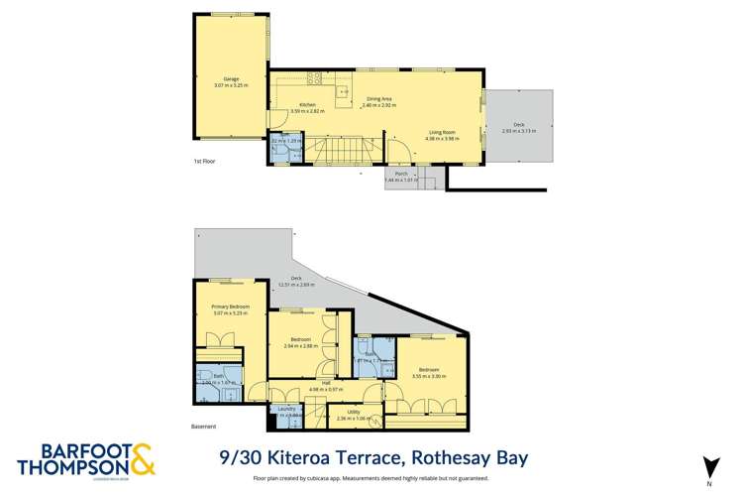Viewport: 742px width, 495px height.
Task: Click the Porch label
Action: [400, 174]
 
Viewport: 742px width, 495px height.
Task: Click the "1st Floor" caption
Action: [205, 162]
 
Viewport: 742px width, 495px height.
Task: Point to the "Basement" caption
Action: [204, 428]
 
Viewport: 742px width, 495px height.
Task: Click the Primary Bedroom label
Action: [230, 308]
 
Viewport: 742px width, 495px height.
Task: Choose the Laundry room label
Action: [281, 410]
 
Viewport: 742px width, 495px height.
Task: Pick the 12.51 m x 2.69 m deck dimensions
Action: [295, 285]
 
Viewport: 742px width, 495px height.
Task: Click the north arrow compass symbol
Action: [707, 464]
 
